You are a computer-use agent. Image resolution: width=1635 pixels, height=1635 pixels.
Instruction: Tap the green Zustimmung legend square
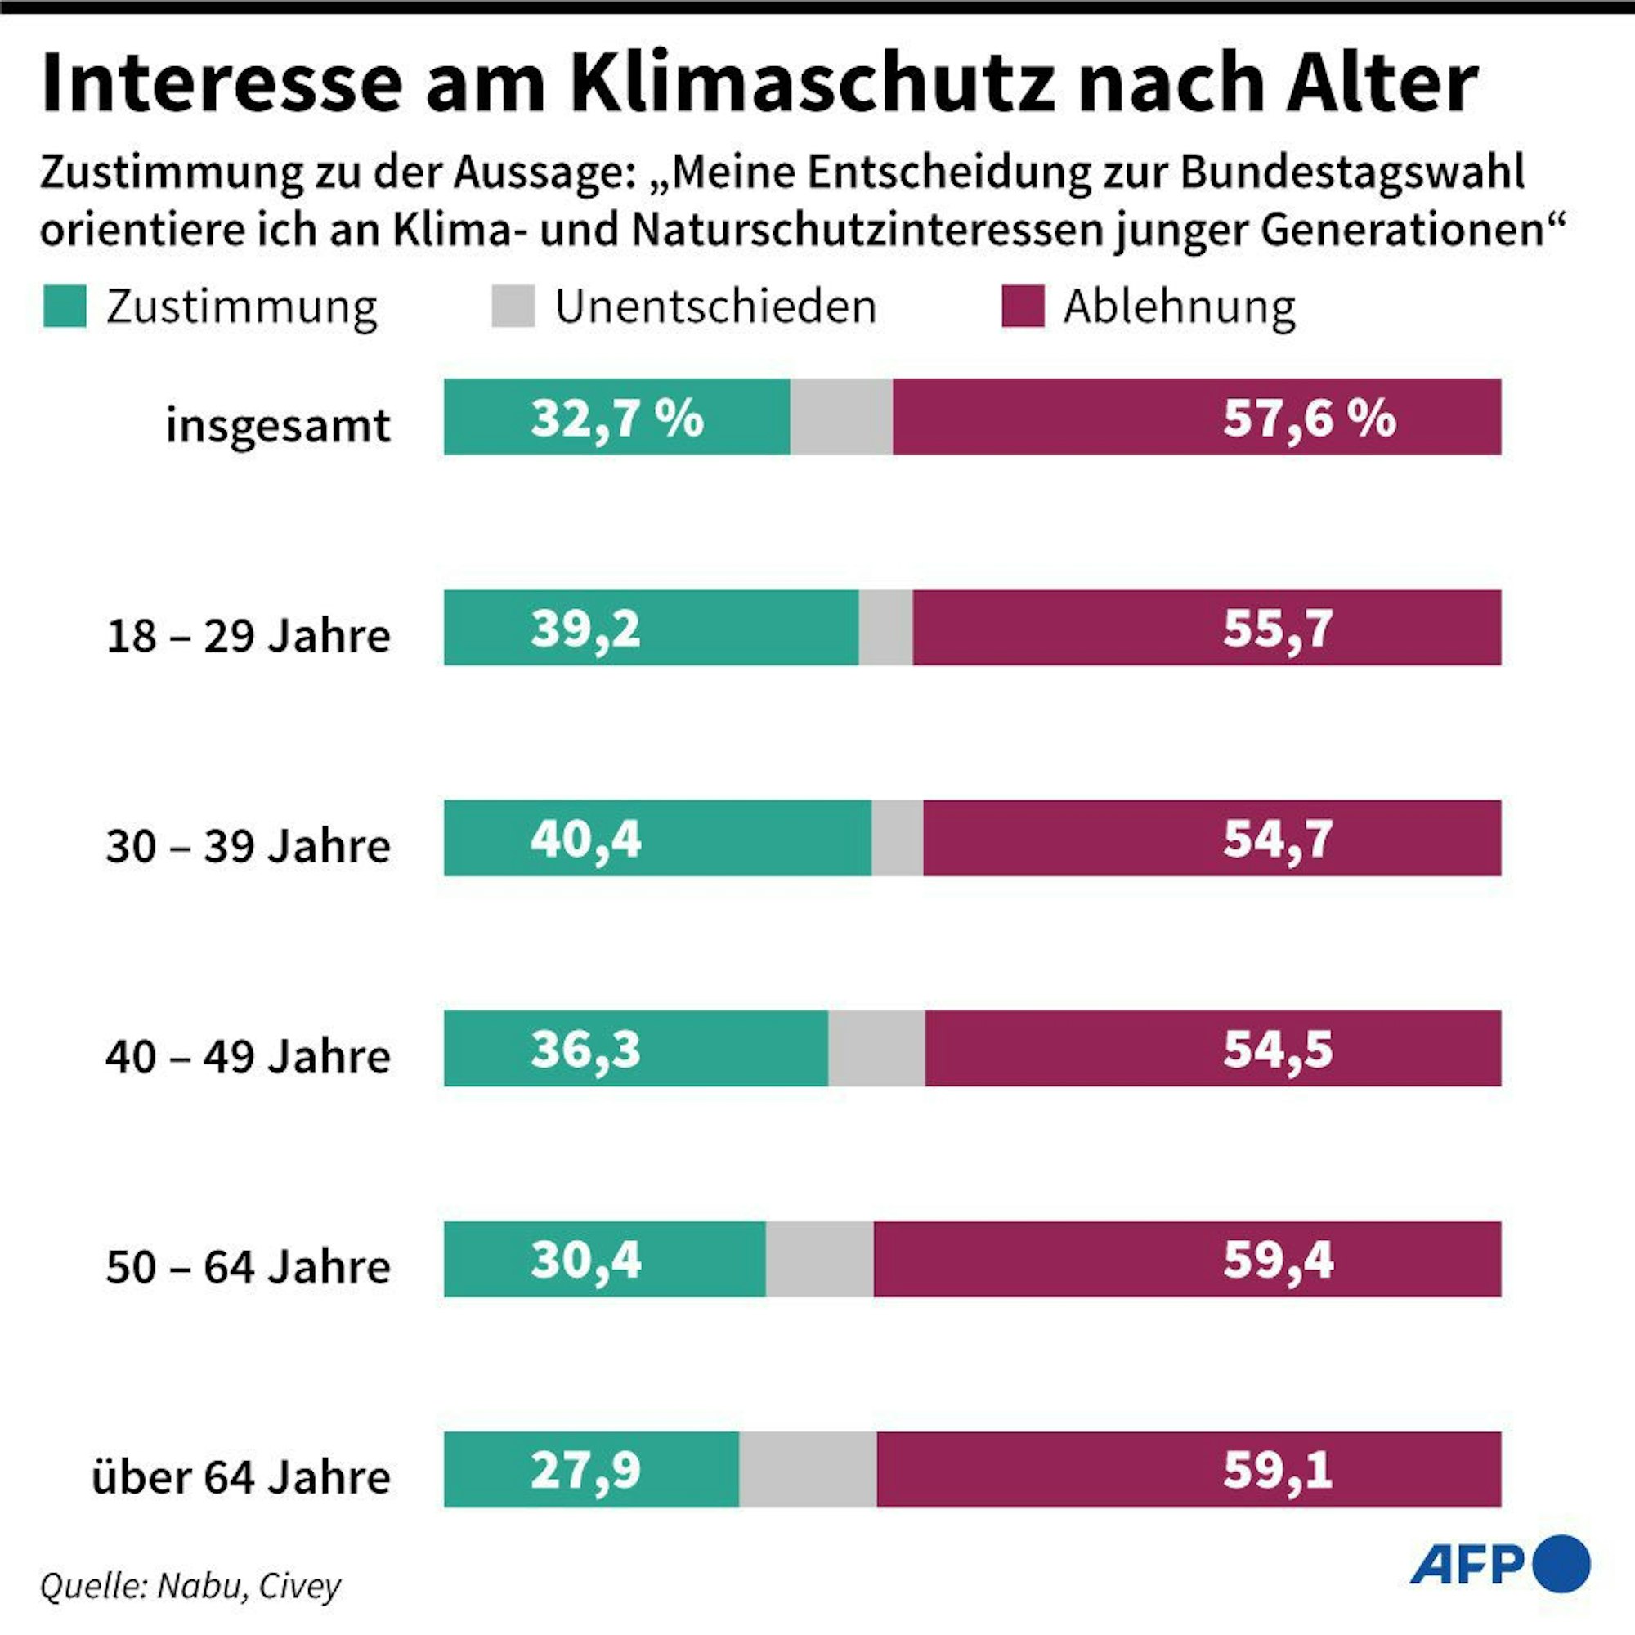(x=65, y=307)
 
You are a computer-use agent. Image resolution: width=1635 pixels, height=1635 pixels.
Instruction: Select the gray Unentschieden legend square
(x=513, y=307)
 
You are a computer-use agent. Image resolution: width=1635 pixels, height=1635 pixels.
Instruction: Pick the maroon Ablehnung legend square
(x=1023, y=307)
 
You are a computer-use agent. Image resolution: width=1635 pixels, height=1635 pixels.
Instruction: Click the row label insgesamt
(x=278, y=426)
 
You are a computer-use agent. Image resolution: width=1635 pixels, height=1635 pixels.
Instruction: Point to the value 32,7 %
(x=617, y=418)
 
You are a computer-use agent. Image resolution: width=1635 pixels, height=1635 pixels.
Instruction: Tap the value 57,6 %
(x=1308, y=418)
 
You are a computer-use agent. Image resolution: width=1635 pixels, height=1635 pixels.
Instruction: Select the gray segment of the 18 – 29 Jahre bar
(x=885, y=628)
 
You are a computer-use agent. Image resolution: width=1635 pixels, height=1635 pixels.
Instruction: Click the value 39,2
(x=585, y=629)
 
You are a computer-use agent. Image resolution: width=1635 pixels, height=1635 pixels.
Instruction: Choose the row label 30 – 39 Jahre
(x=248, y=845)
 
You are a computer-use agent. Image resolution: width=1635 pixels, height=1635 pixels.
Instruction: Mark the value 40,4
(x=585, y=839)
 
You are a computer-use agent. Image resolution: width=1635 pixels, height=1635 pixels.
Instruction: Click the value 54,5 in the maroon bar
(x=1278, y=1050)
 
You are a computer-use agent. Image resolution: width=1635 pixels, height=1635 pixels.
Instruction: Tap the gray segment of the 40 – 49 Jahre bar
(x=876, y=1049)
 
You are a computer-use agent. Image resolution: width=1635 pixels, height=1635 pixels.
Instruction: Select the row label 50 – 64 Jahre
(x=248, y=1267)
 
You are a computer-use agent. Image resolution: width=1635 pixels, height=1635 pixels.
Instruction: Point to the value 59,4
(x=1278, y=1259)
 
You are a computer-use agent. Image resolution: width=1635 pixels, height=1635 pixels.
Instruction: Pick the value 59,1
(x=1278, y=1470)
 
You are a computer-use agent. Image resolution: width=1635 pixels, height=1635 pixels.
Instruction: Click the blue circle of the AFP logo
(x=1562, y=1564)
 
